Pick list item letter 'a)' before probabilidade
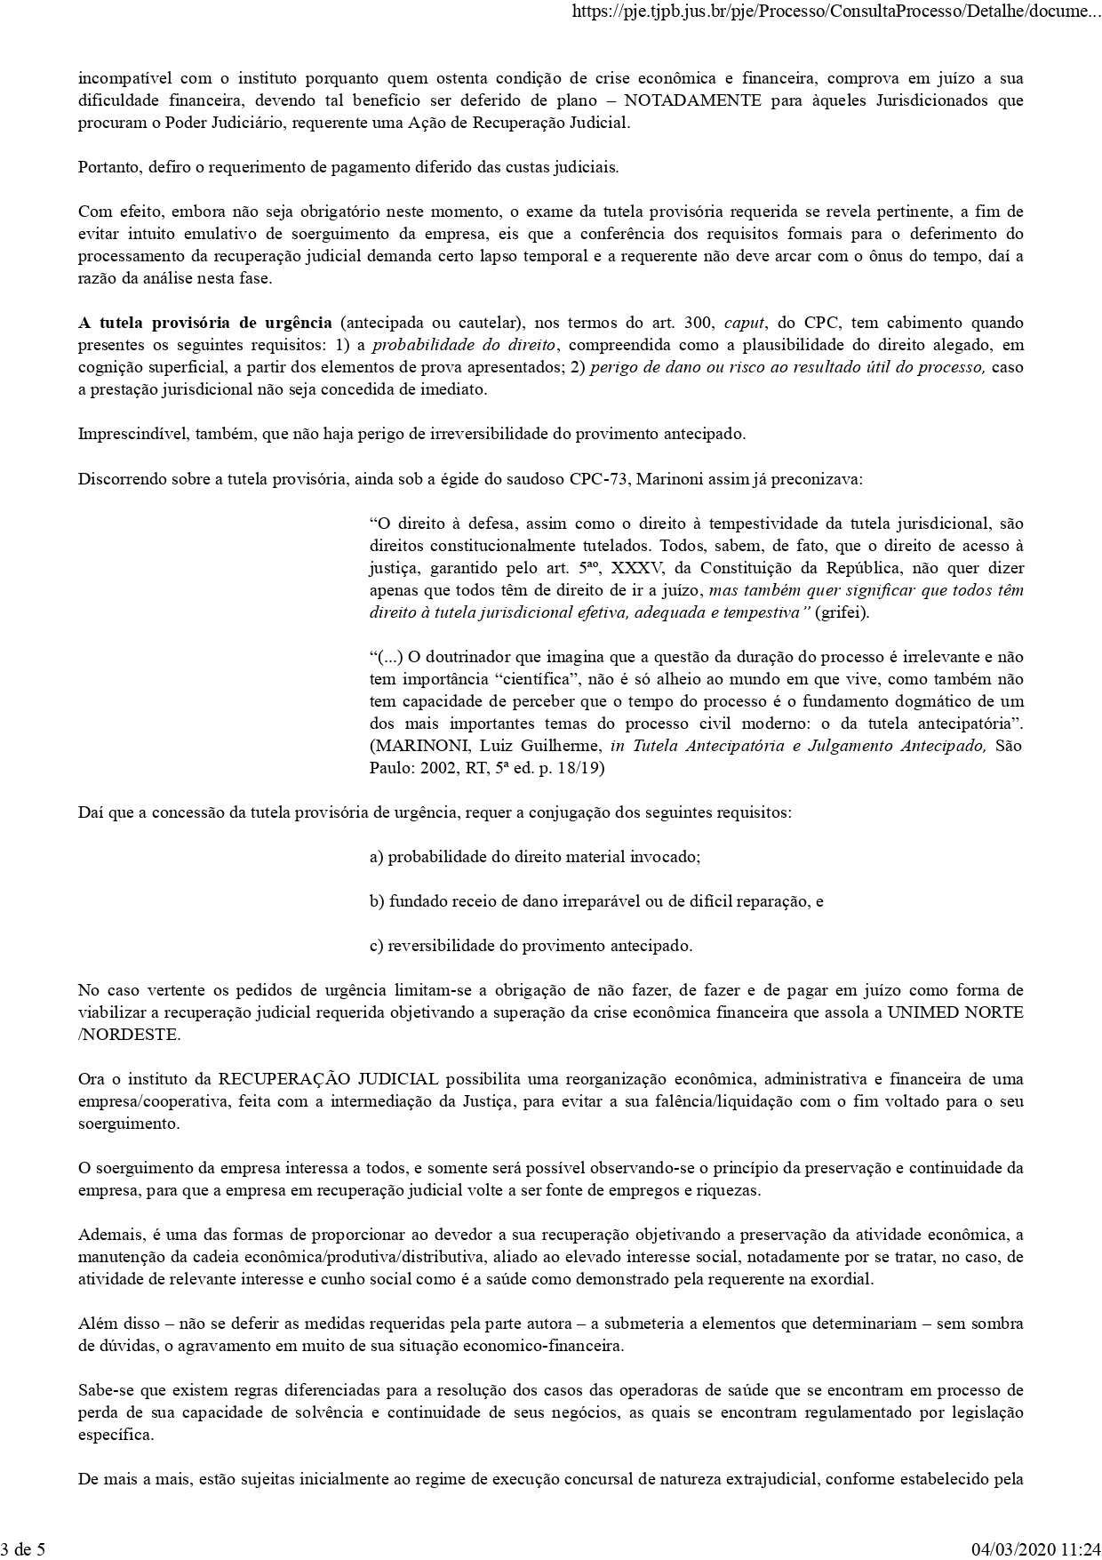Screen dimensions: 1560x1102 [x=377, y=857]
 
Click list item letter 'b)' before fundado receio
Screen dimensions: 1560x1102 [x=377, y=901]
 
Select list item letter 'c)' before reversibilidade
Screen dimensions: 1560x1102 [x=377, y=946]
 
